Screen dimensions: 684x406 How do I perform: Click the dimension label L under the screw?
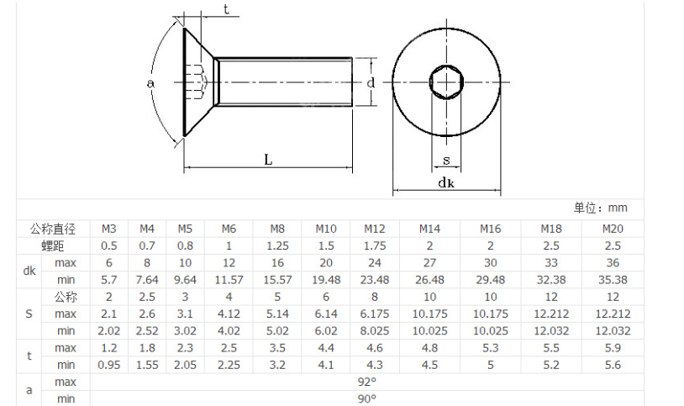point(268,160)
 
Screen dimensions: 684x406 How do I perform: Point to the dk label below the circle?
point(446,182)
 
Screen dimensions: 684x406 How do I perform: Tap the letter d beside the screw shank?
point(371,82)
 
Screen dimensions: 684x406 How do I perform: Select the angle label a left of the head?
point(150,83)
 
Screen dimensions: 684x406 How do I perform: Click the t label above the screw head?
point(226,9)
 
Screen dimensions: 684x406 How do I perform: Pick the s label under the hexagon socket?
point(446,161)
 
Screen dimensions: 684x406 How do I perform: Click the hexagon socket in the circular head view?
point(446,82)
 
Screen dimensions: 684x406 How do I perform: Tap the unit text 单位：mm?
point(600,208)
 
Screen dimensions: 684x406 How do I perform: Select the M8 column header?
point(277,229)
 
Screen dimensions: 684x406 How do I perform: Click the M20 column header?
point(613,229)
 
